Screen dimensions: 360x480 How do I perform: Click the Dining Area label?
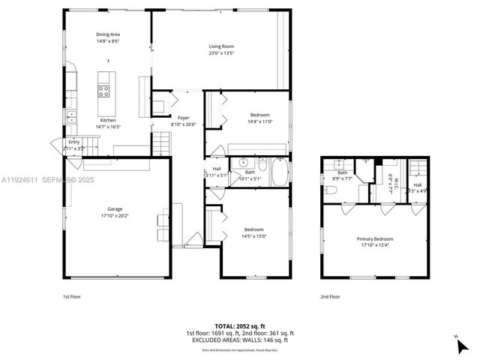(107, 34)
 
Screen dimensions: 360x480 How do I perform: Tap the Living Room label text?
(221, 46)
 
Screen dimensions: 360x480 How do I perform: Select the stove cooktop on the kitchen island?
(104, 91)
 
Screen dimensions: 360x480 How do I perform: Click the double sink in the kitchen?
(71, 116)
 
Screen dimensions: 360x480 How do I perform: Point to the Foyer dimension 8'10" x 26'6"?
(184, 124)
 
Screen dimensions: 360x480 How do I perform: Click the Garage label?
(114, 209)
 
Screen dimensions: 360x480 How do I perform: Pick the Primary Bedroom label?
(374, 239)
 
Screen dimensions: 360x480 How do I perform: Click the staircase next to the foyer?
(163, 140)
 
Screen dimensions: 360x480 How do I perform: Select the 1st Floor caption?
(71, 296)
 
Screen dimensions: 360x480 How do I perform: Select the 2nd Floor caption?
(330, 296)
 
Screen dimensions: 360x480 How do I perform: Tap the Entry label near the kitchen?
(73, 142)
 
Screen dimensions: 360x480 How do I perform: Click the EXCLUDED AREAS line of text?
(239, 340)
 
